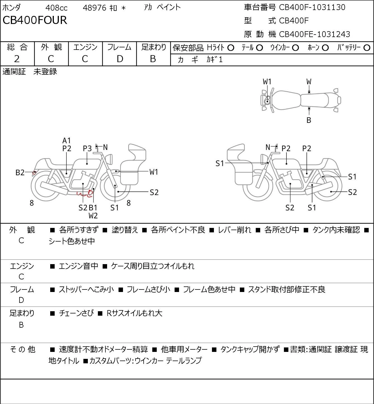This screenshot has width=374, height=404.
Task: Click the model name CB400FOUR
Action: (35, 20)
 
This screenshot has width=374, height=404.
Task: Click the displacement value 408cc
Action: (56, 8)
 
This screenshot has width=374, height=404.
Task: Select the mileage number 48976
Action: (95, 8)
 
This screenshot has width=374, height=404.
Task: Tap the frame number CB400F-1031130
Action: (312, 7)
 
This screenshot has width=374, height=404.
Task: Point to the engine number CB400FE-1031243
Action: (315, 34)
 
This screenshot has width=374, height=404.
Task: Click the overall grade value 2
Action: (17, 59)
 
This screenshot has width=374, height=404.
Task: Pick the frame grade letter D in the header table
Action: (120, 59)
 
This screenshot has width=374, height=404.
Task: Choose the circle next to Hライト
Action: (231, 48)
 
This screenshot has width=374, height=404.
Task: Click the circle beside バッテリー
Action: (367, 48)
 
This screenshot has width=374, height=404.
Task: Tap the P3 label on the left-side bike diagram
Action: (87, 149)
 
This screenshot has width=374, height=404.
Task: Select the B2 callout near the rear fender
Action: (20, 172)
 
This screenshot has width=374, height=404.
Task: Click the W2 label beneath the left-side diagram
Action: (93, 216)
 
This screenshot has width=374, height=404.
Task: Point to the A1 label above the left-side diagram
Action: (67, 141)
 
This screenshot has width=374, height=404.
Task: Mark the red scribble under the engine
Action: (85, 194)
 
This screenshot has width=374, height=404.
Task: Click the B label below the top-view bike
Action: (309, 120)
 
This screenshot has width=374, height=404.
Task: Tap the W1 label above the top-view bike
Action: (267, 82)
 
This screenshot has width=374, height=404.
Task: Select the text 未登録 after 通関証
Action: (45, 72)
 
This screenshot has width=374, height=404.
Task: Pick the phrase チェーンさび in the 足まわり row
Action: (76, 313)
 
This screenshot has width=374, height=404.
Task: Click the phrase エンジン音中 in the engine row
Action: (79, 266)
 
